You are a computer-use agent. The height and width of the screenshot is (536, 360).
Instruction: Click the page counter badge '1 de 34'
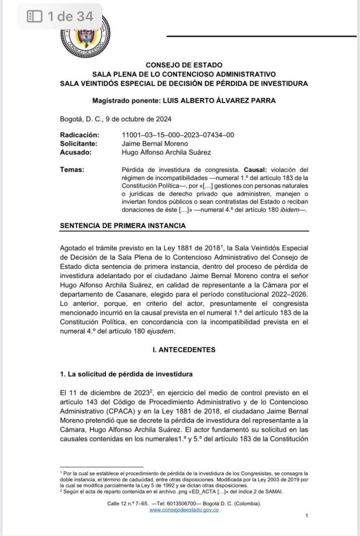tap(60, 17)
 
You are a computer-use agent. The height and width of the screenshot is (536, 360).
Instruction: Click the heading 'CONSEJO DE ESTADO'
tap(184, 65)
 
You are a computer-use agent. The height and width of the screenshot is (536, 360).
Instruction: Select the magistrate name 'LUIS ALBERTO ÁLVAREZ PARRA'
tap(218, 101)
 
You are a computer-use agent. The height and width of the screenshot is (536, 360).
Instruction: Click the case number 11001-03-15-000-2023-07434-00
tap(178, 135)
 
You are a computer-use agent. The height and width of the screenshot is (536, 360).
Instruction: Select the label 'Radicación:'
tap(80, 135)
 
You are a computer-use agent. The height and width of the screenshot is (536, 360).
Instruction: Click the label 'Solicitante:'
tap(78, 143)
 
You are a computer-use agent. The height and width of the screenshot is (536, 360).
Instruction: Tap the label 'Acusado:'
tap(75, 152)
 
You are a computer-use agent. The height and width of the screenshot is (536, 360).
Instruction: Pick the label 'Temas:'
tap(72, 169)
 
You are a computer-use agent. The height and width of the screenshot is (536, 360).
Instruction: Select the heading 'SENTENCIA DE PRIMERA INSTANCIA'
tap(123, 226)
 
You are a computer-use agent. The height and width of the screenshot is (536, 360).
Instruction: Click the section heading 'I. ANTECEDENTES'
tap(184, 349)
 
